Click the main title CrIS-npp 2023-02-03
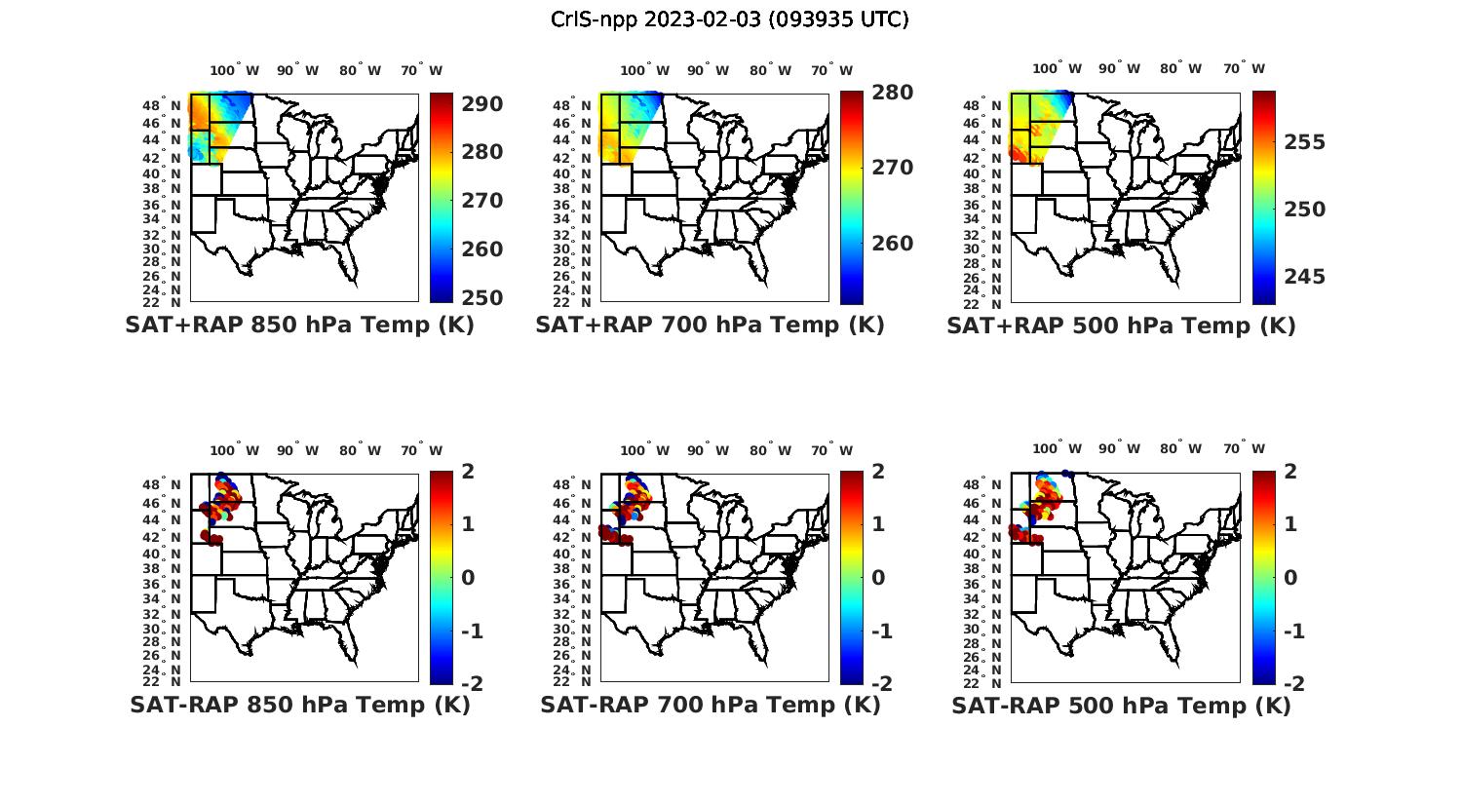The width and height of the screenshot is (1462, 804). [x=729, y=19]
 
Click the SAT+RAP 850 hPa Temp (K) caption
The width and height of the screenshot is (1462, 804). [x=299, y=325]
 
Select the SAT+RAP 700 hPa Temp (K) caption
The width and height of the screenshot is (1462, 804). [x=710, y=325]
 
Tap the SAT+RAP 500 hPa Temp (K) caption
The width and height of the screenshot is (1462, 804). [x=1121, y=325]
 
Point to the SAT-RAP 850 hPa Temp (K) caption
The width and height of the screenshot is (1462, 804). [x=300, y=705]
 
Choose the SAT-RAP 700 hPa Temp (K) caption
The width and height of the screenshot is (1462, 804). [x=711, y=705]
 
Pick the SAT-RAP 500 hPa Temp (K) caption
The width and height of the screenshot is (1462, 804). [x=1121, y=705]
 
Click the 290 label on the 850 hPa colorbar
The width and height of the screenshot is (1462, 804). [x=481, y=104]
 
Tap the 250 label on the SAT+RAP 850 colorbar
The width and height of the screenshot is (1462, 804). [x=481, y=297]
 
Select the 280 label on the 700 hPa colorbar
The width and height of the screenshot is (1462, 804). [x=892, y=93]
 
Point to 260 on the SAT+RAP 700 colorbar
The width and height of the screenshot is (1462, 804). [x=892, y=244]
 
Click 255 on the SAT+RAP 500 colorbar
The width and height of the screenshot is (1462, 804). [x=1305, y=142]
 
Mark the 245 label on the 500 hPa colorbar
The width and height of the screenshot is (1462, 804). [x=1305, y=277]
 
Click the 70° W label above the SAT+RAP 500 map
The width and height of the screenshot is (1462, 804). [x=1245, y=69]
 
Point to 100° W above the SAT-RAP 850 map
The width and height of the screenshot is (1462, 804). [x=235, y=451]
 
